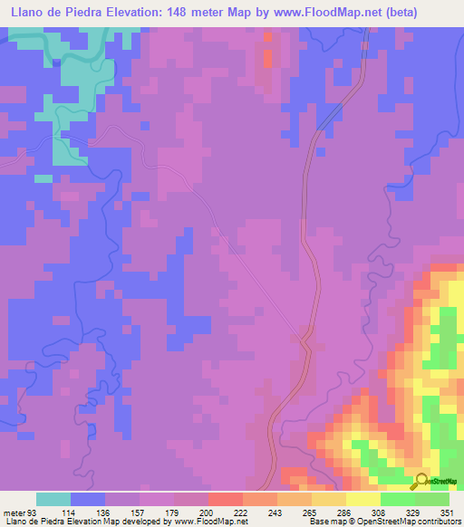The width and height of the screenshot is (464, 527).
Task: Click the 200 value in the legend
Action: (x=190, y=512)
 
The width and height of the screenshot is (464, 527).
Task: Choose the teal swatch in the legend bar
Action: (x=53, y=499)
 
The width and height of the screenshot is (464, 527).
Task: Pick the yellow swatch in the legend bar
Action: (x=362, y=499)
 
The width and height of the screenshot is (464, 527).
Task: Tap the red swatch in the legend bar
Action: (x=225, y=499)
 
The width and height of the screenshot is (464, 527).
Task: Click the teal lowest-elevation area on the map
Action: (x=72, y=136)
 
